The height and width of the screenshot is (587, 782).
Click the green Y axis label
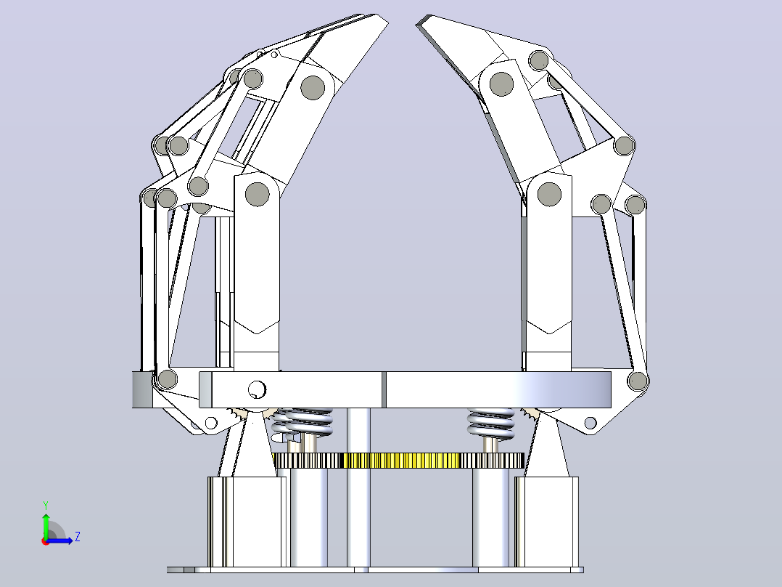coord(46,505)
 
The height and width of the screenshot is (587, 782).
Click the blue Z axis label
coord(78,537)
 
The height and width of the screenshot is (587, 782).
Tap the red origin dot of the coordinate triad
coord(46,541)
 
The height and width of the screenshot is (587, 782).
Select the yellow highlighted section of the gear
coord(400,461)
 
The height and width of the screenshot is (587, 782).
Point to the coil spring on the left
coord(303,422)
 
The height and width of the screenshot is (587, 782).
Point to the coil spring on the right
coord(490,423)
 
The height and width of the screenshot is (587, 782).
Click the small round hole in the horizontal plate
coord(257,389)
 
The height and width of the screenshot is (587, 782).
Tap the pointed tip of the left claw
coord(387,22)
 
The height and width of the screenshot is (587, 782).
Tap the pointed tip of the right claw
coord(418,24)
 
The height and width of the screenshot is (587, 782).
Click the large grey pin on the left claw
coord(313,87)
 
